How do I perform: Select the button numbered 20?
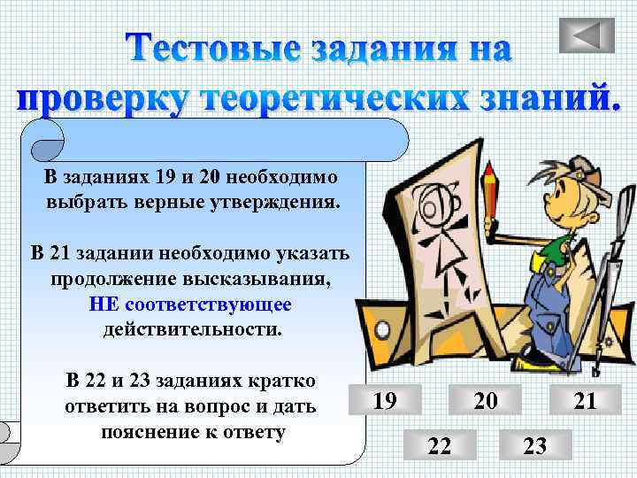pyautogui.click(x=484, y=401)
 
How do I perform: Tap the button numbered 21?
pyautogui.click(x=585, y=401)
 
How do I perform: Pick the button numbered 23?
pyautogui.click(x=535, y=445)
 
